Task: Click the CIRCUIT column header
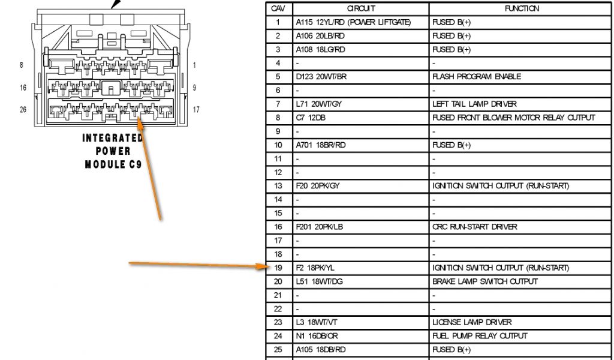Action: (x=361, y=8)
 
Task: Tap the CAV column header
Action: (x=278, y=8)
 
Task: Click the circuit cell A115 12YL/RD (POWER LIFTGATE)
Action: (x=353, y=22)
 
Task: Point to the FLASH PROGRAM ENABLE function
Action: (x=477, y=77)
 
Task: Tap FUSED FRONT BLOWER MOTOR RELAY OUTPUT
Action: (x=513, y=118)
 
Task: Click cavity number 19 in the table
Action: (x=278, y=268)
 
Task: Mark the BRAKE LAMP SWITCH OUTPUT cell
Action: (x=485, y=281)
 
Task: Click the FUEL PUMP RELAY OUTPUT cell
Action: (x=480, y=336)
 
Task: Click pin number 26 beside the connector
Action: (x=23, y=110)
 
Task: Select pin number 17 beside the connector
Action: (x=196, y=110)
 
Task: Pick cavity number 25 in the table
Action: (x=278, y=350)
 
